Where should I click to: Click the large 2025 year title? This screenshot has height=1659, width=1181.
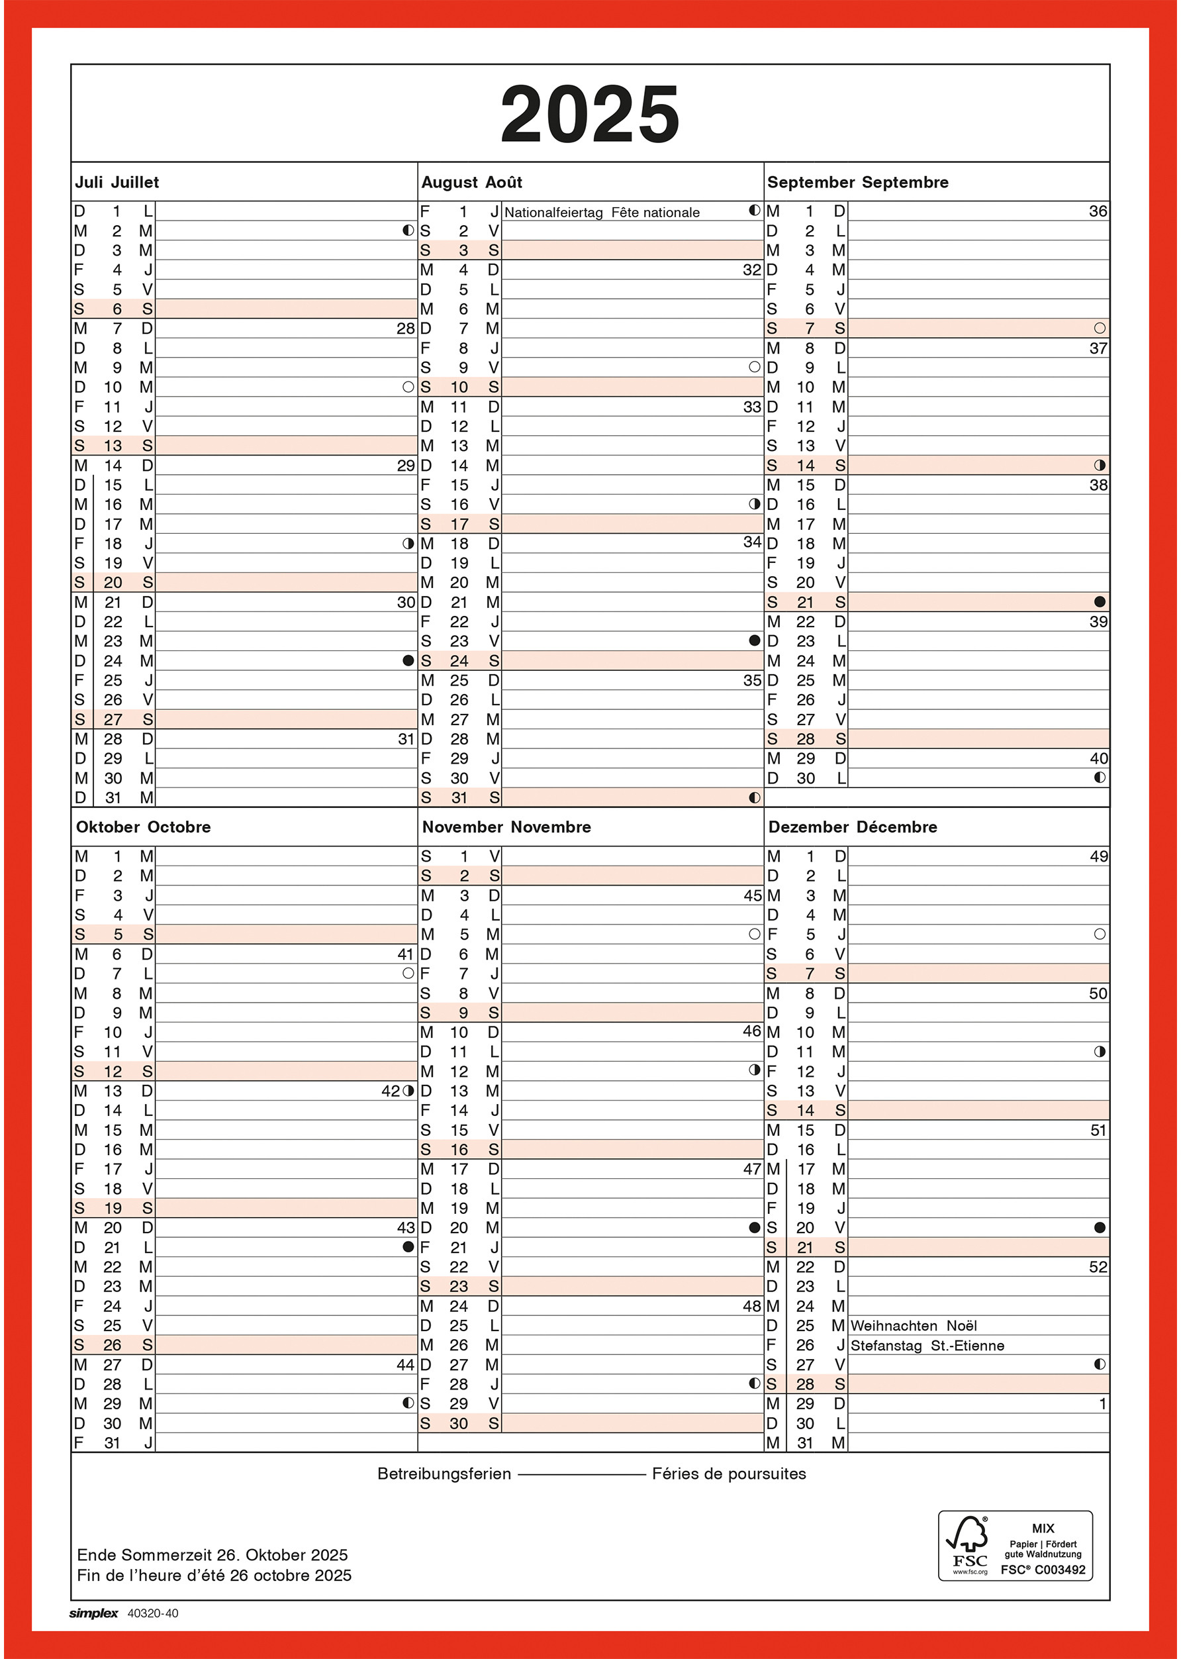pyautogui.click(x=590, y=114)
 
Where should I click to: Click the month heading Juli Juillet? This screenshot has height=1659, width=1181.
pyautogui.click(x=117, y=183)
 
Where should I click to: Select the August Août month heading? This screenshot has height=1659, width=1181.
pyautogui.click(x=471, y=183)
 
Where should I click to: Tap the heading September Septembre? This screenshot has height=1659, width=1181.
pyautogui.click(x=857, y=183)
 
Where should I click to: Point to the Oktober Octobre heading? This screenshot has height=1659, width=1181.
pyautogui.click(x=143, y=827)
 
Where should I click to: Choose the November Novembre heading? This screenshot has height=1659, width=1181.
pyautogui.click(x=506, y=827)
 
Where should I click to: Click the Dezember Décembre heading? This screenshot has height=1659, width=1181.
pyautogui.click(x=852, y=827)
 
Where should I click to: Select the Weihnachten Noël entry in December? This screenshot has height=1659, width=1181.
pyautogui.click(x=914, y=1326)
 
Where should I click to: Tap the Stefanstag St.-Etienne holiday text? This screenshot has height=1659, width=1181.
pyautogui.click(x=927, y=1346)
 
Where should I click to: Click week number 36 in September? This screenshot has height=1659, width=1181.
pyautogui.click(x=1098, y=211)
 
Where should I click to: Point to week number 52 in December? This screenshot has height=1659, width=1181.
pyautogui.click(x=1098, y=1267)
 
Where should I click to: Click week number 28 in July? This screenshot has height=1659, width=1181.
pyautogui.click(x=405, y=328)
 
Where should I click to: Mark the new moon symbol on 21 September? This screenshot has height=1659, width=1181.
pyautogui.click(x=1100, y=601)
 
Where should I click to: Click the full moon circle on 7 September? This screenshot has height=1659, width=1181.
pyautogui.click(x=1100, y=328)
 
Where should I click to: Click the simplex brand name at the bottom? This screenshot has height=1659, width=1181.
pyautogui.click(x=94, y=1613)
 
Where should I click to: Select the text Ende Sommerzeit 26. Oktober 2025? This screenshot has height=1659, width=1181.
pyautogui.click(x=213, y=1555)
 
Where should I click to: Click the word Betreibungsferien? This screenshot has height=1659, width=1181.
pyautogui.click(x=444, y=1474)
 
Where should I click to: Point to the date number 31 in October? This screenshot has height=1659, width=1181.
pyautogui.click(x=112, y=1443)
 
